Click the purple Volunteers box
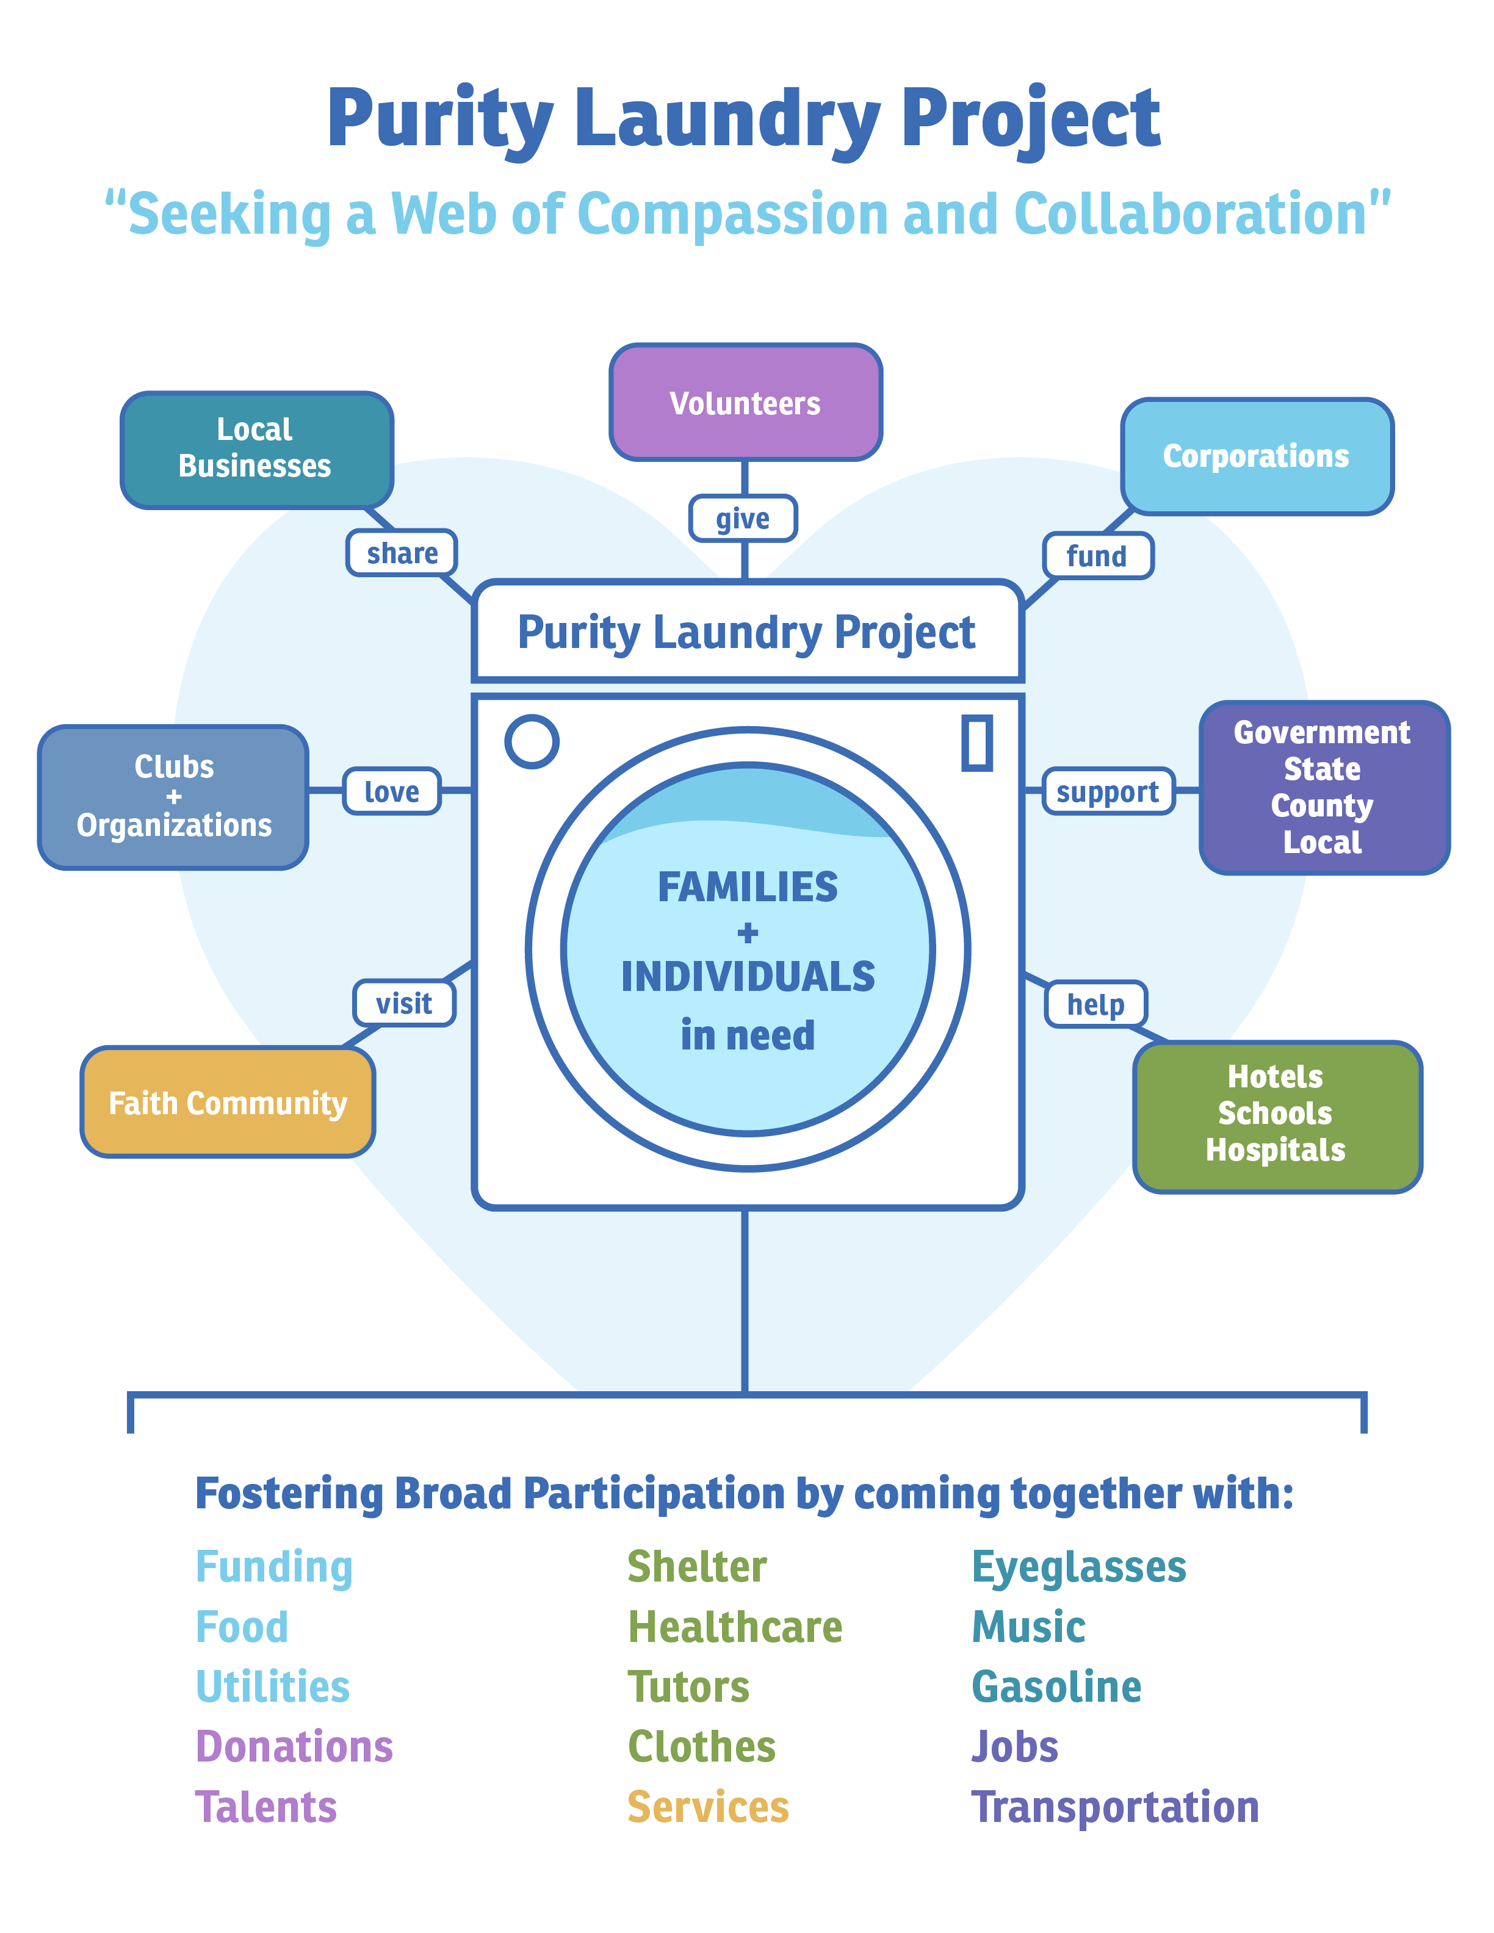point(745,403)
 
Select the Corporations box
point(1257,456)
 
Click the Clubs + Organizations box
point(173,796)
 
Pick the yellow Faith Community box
point(228,1102)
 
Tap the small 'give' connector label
point(743,518)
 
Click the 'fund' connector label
point(1097,556)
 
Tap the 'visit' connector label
point(405,1002)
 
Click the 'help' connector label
point(1095,1004)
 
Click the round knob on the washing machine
point(532,741)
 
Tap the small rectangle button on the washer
point(977,742)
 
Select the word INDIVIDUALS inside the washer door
point(748,976)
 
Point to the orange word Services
point(708,1807)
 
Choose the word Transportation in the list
point(1115,1807)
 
